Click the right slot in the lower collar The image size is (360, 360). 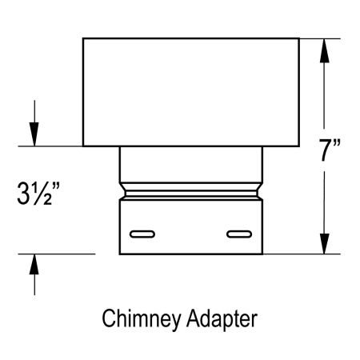tap(238, 234)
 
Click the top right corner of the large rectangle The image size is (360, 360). tap(299, 38)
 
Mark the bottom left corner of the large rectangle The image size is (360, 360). tap(83, 146)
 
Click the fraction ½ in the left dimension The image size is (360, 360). tap(50, 194)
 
